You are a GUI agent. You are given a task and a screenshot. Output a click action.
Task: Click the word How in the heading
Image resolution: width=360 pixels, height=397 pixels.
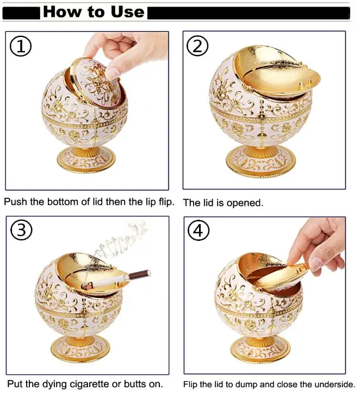[x=62, y=12]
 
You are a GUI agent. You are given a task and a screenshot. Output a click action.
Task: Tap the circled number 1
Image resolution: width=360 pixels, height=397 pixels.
[x=21, y=47]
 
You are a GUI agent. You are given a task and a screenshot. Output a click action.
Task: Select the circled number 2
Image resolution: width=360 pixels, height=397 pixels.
[x=197, y=46]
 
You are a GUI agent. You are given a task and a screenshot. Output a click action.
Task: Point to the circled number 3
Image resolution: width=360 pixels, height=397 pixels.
[x=22, y=231]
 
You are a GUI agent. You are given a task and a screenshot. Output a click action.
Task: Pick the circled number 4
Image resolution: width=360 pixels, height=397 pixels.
[x=198, y=231]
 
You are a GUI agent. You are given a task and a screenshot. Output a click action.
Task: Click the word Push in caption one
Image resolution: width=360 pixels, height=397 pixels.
[x=16, y=202]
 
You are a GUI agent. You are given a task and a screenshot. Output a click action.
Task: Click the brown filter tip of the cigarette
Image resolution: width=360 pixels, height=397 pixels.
[x=140, y=275]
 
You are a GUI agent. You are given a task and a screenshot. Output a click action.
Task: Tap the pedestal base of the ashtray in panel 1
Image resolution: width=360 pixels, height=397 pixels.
[x=86, y=159]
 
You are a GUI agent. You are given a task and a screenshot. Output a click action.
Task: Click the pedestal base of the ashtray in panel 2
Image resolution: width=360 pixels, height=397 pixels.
[x=261, y=161]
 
